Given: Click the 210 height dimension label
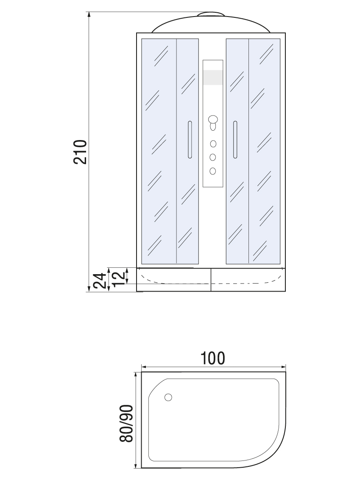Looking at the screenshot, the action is pos(81,152).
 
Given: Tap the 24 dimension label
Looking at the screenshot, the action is pos(100,281).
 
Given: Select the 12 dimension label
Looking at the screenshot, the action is pos(119,277).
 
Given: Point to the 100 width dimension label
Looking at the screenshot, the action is pos(213,358).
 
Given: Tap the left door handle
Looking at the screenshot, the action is pos(190,140).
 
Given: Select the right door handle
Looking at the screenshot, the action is pos(235,140).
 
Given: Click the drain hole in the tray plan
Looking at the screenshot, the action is pos(168,397).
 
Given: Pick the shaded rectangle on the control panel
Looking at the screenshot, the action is pos(213,77).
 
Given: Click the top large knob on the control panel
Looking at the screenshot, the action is pos(212,119).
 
